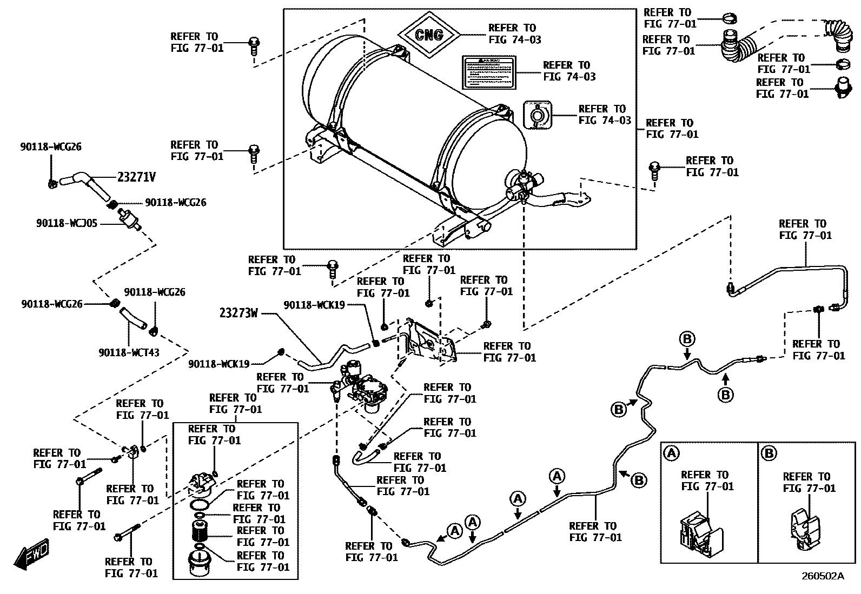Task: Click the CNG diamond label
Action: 429,35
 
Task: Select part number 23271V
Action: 136,177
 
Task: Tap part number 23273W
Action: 239,313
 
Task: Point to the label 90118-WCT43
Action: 129,352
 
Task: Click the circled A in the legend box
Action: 671,453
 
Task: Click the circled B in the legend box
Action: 768,453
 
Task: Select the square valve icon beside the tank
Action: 538,115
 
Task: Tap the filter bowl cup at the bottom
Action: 199,565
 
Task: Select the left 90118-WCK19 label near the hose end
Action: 218,364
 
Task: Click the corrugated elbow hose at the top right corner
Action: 836,34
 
